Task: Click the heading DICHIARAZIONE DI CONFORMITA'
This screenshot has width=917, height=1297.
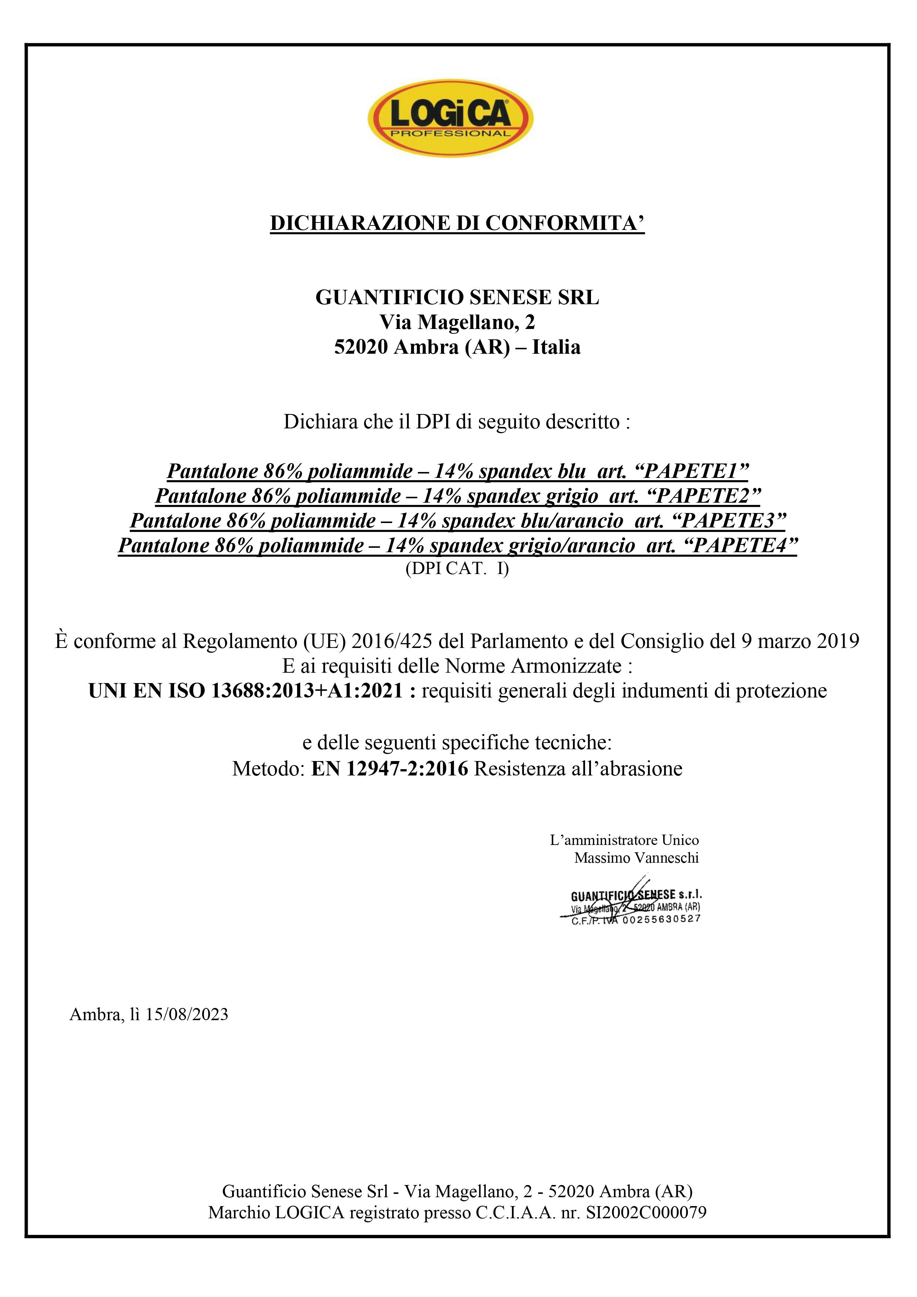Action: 457,223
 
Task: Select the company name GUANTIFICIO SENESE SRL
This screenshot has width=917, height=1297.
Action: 457,298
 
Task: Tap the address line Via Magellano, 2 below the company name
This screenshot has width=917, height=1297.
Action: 457,322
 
